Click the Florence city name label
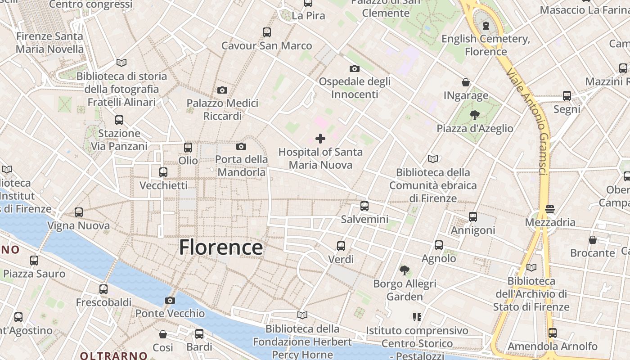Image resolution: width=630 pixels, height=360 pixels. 221,247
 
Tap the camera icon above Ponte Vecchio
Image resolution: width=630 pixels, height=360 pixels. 170,300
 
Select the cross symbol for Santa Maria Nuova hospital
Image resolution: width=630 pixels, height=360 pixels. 320,139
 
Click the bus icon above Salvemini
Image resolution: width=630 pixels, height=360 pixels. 364,206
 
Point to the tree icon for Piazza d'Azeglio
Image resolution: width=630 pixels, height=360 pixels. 474,115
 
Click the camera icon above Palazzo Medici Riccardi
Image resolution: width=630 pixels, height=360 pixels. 222,90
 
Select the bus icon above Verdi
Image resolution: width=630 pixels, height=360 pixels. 341,246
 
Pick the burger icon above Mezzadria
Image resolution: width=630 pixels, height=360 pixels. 549,209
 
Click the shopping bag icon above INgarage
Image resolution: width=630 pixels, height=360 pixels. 466,82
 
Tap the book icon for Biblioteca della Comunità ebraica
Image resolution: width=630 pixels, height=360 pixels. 433,159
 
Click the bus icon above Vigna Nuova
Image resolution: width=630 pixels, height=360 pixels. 79,212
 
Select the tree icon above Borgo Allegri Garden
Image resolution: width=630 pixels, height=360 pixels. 405,270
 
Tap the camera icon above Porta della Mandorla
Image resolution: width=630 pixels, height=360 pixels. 241,146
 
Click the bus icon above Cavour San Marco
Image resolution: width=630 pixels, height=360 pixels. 267,32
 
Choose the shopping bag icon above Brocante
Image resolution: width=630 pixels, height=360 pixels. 593,240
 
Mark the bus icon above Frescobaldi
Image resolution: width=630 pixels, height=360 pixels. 103,289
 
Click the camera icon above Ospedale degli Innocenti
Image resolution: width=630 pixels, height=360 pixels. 355,68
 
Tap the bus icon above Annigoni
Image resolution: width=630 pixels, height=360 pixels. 473,217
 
